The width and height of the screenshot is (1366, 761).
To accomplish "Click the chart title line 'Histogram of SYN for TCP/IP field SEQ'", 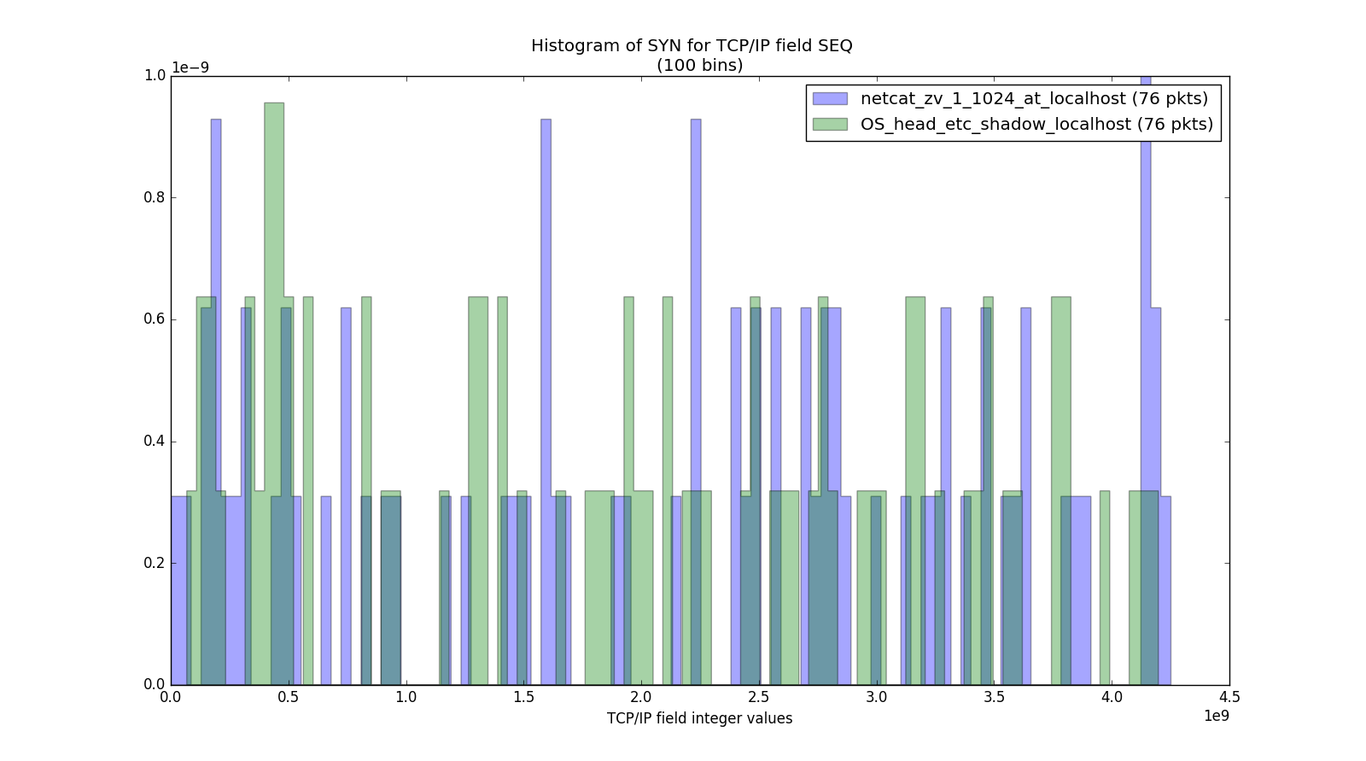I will point(692,45).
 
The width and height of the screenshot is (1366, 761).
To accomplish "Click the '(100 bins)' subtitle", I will point(699,65).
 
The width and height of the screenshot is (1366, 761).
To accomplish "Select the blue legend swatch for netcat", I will point(830,98).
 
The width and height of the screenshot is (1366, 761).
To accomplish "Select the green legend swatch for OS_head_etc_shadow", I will point(830,124).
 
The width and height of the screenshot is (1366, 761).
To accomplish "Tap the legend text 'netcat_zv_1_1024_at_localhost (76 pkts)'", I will point(1034,98).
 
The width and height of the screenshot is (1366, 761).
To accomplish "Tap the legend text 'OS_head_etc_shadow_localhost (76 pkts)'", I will point(1036,124).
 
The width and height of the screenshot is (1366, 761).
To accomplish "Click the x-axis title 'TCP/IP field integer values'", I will point(699,718).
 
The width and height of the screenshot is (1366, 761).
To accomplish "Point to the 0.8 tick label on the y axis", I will point(154,197).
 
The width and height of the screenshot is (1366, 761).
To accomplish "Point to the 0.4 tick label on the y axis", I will point(154,442).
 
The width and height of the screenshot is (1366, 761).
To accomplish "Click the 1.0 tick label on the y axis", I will point(154,75).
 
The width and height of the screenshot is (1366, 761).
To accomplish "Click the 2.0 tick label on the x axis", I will point(641,697).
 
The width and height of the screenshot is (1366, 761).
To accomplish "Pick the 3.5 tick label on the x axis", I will point(994,697).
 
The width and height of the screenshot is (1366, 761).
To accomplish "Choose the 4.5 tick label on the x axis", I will point(1229,697).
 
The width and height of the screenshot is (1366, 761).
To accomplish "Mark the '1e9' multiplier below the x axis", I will point(1216,716).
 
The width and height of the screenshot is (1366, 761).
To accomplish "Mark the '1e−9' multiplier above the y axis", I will point(190,67).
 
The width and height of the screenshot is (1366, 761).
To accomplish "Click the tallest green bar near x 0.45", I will point(274,342).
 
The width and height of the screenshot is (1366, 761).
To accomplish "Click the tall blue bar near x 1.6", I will point(546,342).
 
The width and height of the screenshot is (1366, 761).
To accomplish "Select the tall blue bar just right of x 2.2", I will point(696,342).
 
